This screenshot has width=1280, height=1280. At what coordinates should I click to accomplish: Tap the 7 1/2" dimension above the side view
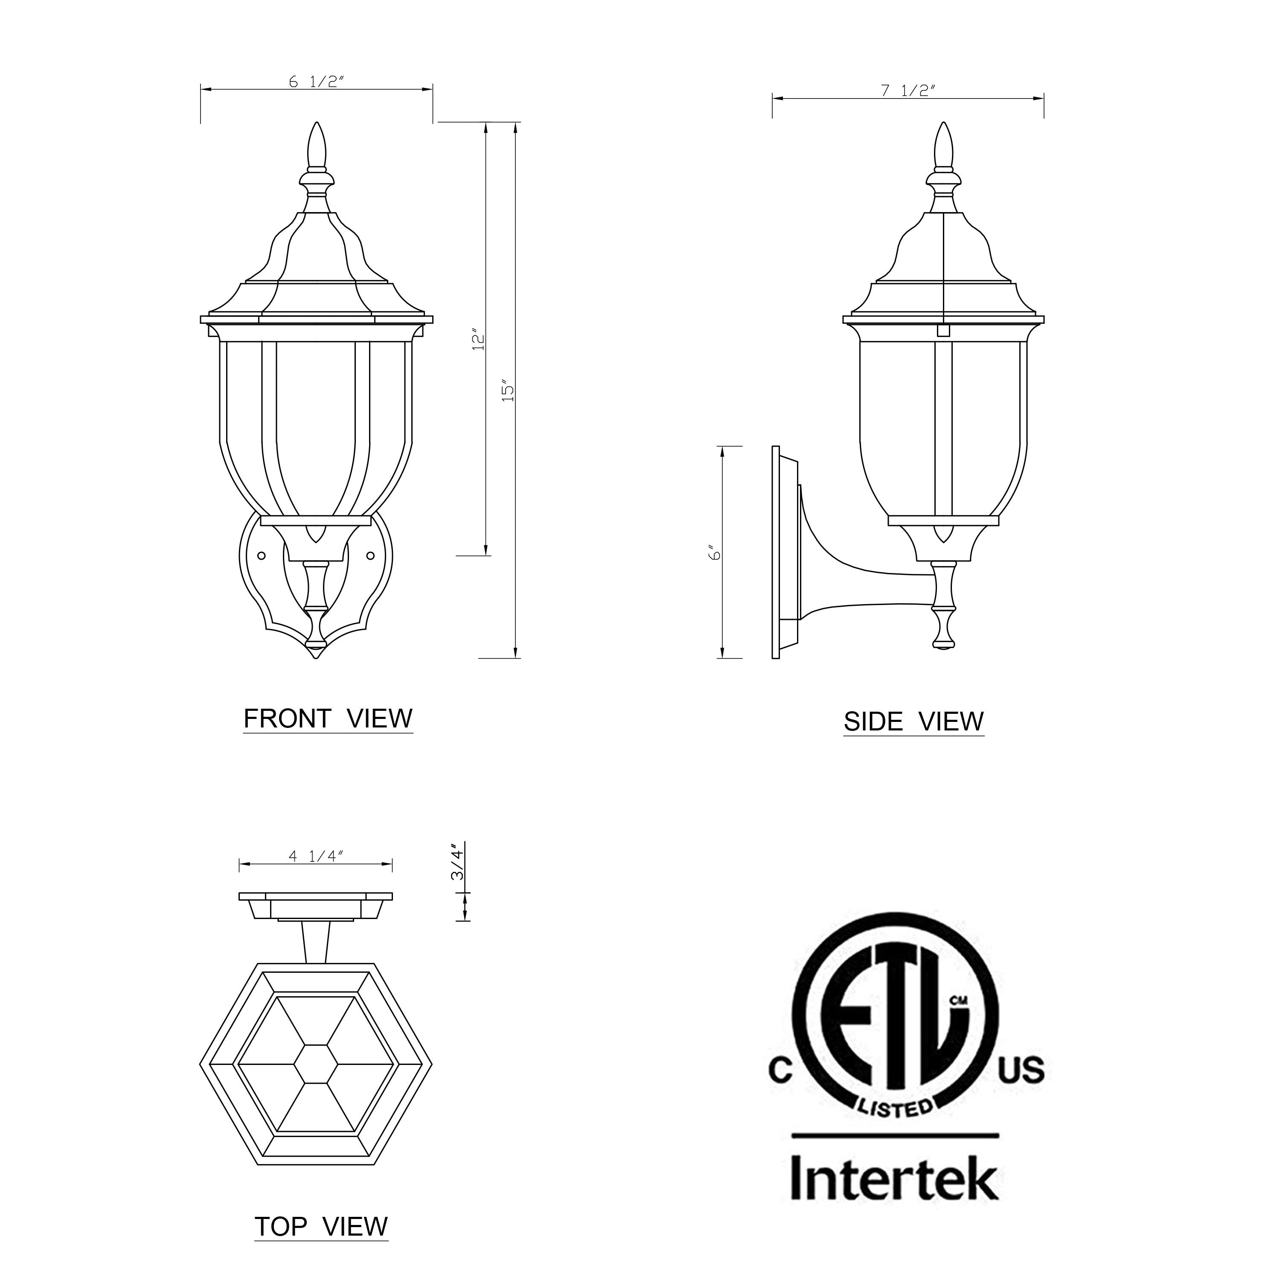click(x=907, y=91)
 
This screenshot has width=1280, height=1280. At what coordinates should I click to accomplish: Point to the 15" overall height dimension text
click(x=507, y=391)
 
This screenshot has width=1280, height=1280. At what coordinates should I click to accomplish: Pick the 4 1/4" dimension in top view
click(x=316, y=857)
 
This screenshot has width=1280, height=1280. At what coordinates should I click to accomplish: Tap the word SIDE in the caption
click(x=873, y=722)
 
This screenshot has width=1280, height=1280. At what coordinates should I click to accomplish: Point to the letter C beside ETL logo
click(x=780, y=1071)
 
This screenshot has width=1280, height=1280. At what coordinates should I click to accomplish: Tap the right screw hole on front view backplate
click(x=371, y=555)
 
